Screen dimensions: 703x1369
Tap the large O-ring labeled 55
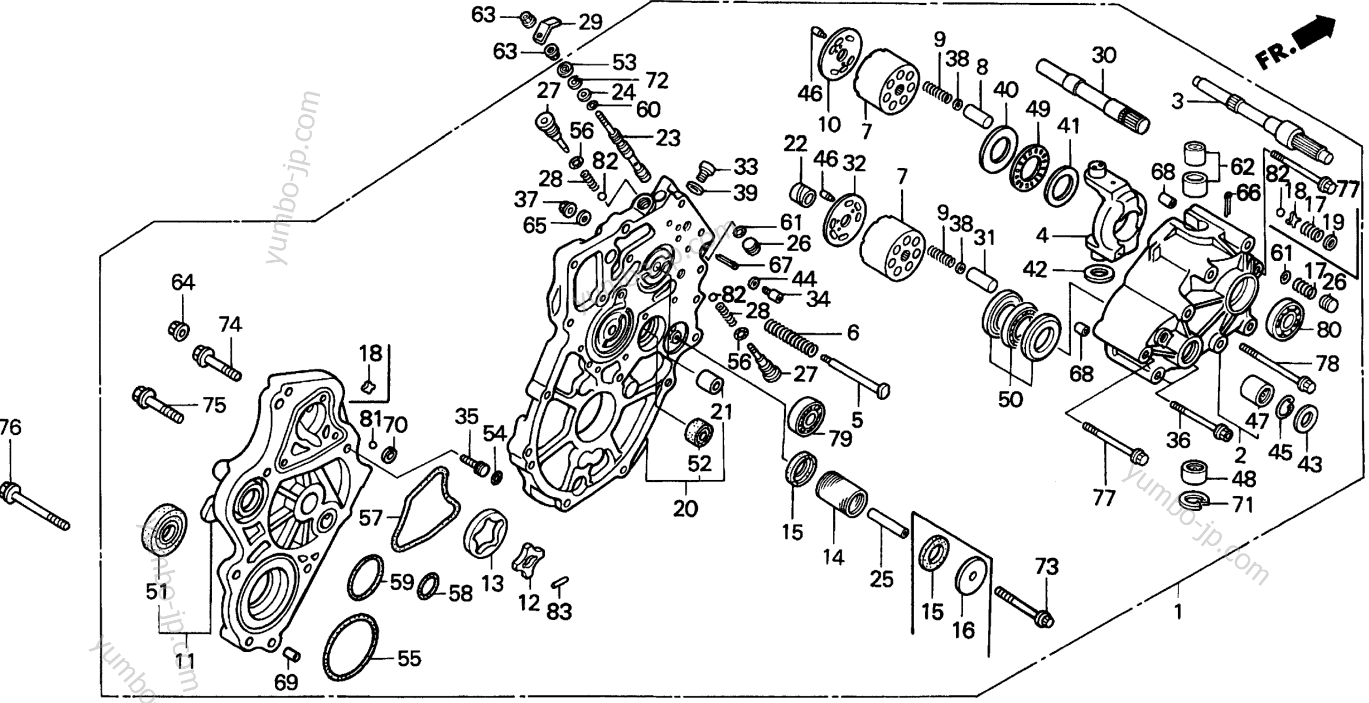(x=351, y=647)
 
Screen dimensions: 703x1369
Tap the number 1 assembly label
(x=1178, y=611)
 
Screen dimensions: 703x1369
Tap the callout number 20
(x=685, y=509)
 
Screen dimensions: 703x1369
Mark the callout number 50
(x=1010, y=400)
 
